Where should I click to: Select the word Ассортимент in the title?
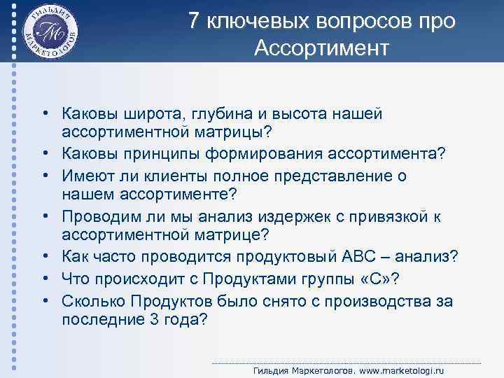(x=321, y=48)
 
